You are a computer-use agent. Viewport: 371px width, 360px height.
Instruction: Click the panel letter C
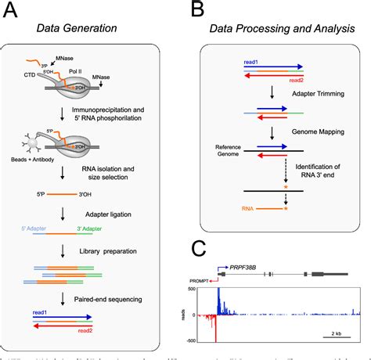pyautogui.click(x=201, y=250)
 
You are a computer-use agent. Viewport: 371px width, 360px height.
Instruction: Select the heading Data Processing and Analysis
pyautogui.click(x=279, y=29)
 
